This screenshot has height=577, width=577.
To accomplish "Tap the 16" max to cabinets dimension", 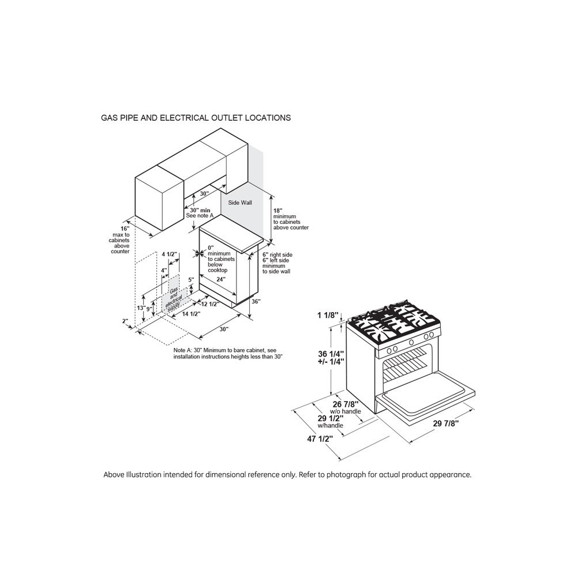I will pos(125,228).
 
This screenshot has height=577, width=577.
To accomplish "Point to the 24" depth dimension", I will pos(221,279).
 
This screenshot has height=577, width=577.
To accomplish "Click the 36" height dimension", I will pos(256,301).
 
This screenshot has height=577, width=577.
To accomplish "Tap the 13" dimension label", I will pos(141,308).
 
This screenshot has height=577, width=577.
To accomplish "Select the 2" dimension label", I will pos(125,321).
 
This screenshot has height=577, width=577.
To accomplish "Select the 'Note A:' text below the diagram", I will pos(184,350).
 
